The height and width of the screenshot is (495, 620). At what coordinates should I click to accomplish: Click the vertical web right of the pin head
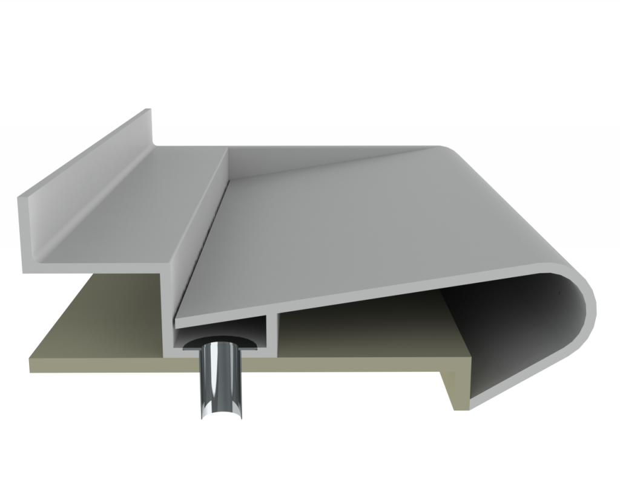[x=272, y=329]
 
